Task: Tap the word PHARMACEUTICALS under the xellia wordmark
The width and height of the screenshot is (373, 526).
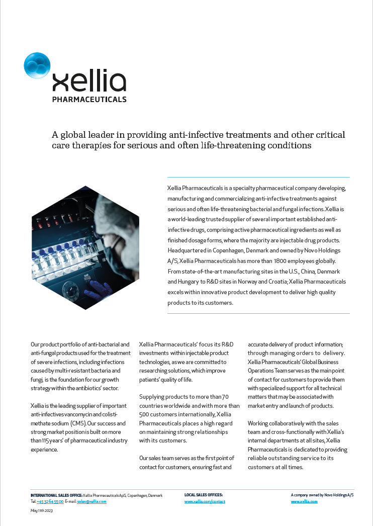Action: [x=89, y=100]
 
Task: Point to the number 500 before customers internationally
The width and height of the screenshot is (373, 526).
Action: [x=145, y=414]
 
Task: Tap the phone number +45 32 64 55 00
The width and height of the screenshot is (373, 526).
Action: [x=50, y=501]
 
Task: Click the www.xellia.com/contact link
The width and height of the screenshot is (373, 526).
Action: [x=205, y=501]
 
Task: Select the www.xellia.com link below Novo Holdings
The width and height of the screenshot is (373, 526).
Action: [x=304, y=501]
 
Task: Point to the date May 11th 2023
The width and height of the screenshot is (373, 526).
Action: [x=42, y=510]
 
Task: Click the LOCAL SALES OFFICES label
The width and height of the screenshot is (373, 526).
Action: [x=204, y=495]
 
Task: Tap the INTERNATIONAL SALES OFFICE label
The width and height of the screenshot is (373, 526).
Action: [x=56, y=495]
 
